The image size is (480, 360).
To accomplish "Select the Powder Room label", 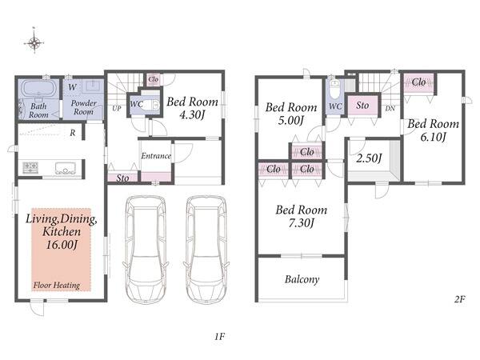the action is tap(83, 107).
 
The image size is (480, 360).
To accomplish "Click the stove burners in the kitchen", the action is tap(30, 168).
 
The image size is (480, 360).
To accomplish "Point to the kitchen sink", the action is tap(66, 168).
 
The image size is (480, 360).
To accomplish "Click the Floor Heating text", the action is tap(57, 286).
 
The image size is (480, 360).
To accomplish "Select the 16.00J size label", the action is tap(62, 245).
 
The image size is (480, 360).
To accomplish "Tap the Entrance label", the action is tap(156, 156).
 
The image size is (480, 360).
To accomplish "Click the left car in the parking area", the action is tap(146, 250).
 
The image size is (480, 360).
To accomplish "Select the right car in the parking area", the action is tap(206, 250).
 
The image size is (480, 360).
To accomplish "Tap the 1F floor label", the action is tap(219, 337).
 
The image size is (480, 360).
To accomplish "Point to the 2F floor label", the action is tap(459, 298).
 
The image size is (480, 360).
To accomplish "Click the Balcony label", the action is tap(302, 279).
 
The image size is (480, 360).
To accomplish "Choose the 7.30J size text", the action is tap(302, 223).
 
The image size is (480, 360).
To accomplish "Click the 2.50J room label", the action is tap(369, 158).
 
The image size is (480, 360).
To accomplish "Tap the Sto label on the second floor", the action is tap(362, 106).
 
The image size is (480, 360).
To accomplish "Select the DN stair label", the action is tap(390, 108).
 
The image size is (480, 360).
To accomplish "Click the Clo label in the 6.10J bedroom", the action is tap(418, 82).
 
